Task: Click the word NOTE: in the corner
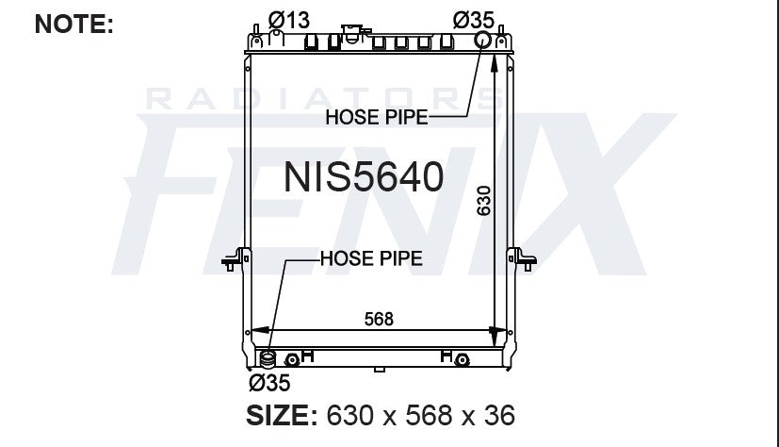tap(73, 24)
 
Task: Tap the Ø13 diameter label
tap(289, 17)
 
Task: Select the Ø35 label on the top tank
tap(474, 17)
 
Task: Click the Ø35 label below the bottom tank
tap(268, 382)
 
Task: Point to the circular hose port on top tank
tap(482, 40)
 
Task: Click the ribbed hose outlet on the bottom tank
tap(268, 359)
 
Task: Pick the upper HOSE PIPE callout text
tap(376, 117)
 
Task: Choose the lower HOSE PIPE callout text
tap(370, 257)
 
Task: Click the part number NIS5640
tap(364, 176)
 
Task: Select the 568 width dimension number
tap(379, 319)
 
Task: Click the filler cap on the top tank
tap(352, 35)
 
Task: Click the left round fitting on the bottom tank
tap(293, 359)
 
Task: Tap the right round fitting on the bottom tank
tap(461, 359)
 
